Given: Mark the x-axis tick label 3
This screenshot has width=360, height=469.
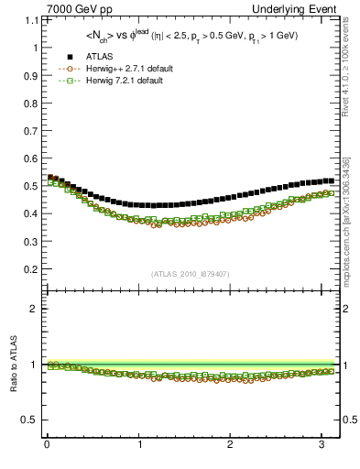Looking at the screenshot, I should (x=322, y=445).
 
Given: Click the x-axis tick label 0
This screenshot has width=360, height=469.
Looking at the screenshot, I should (x=47, y=445).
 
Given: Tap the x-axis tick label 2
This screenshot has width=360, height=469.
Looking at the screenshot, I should (x=230, y=445).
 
